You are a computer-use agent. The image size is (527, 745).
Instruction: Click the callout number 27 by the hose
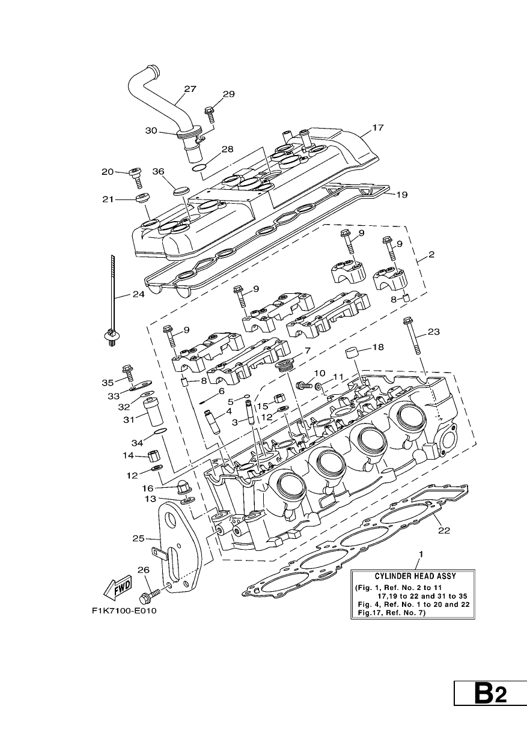(x=190, y=89)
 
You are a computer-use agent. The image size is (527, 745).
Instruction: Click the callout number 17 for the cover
(x=377, y=128)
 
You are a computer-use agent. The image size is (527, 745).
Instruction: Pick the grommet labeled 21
(x=142, y=197)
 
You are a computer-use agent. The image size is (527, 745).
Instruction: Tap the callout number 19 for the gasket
(x=402, y=195)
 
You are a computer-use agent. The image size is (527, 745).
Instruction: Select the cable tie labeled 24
(x=112, y=302)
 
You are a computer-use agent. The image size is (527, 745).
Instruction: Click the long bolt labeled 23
(x=413, y=336)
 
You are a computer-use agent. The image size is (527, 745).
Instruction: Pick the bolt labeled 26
(x=150, y=598)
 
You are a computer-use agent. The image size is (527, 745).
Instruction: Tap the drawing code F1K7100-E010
(x=124, y=610)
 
